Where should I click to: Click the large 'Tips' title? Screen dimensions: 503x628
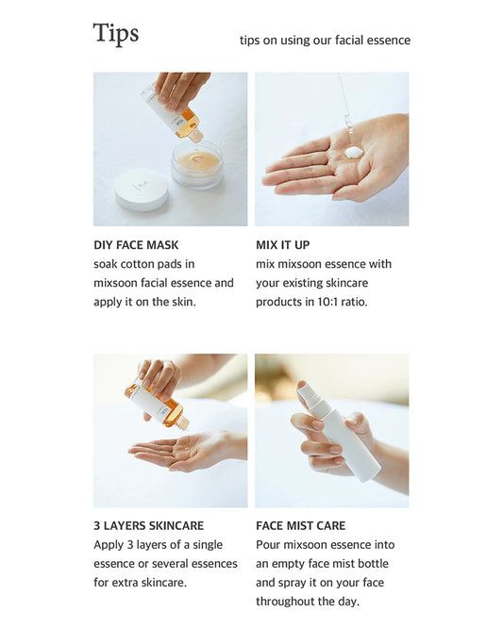click(116, 33)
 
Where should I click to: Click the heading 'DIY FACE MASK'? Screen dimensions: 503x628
click(136, 245)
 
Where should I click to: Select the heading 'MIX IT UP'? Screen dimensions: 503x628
click(282, 245)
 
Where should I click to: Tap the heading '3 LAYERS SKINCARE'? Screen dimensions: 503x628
click(149, 525)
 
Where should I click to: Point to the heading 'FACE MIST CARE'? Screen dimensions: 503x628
click(301, 525)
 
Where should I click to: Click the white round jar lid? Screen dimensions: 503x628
click(142, 189)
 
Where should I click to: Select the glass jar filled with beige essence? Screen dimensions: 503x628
click(197, 164)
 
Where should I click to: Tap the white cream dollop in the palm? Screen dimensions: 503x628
click(354, 153)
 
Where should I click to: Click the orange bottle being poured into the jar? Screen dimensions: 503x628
click(176, 111)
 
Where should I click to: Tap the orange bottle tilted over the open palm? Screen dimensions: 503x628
click(159, 405)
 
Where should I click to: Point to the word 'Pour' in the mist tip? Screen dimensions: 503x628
click(266, 545)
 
